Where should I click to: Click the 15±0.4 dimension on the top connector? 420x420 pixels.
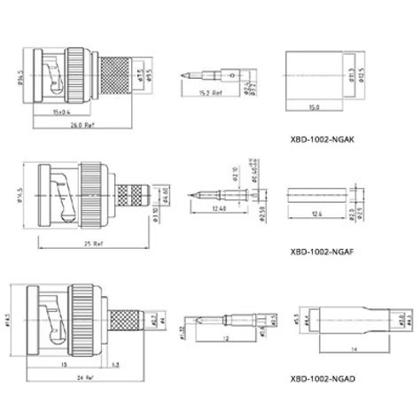click(x=62, y=111)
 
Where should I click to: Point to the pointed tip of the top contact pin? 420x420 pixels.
click(x=182, y=74)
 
